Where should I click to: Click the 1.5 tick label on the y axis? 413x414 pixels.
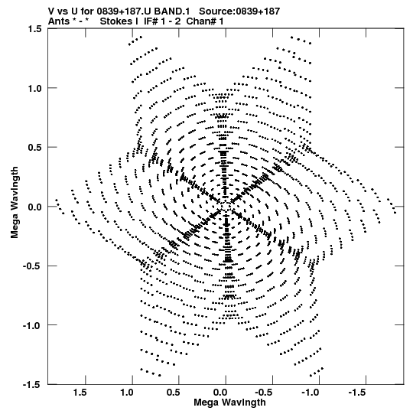coord(34,28)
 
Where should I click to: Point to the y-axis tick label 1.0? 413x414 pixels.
coord(34,88)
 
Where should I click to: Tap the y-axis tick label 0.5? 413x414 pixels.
coord(34,147)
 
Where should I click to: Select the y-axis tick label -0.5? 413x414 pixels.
coord(32,266)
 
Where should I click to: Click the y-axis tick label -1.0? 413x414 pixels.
coord(32,325)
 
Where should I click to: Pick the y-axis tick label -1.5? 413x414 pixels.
coord(32,384)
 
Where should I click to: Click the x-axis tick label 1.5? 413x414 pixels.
coord(80,393)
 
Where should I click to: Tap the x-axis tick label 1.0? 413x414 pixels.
coord(127,393)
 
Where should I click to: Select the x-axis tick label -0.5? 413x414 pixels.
coord(264,393)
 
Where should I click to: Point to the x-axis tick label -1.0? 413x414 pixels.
coord(311,393)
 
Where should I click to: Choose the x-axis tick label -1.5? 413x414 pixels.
coord(357,393)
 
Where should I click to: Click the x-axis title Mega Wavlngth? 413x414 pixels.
coord(229,403)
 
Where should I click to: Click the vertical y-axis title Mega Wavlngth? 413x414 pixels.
coord(15,202)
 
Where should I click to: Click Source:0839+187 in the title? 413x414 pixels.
coord(239,11)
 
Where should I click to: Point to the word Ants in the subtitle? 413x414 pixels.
coord(59,21)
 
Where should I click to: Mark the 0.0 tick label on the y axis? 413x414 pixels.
coord(34,207)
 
